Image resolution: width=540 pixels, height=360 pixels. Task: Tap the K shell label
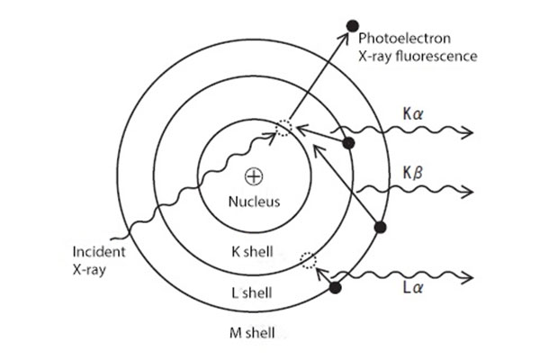[252, 251]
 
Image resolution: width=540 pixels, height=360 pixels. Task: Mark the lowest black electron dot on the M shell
[337, 288]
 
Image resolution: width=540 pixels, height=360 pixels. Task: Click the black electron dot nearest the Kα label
[349, 142]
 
